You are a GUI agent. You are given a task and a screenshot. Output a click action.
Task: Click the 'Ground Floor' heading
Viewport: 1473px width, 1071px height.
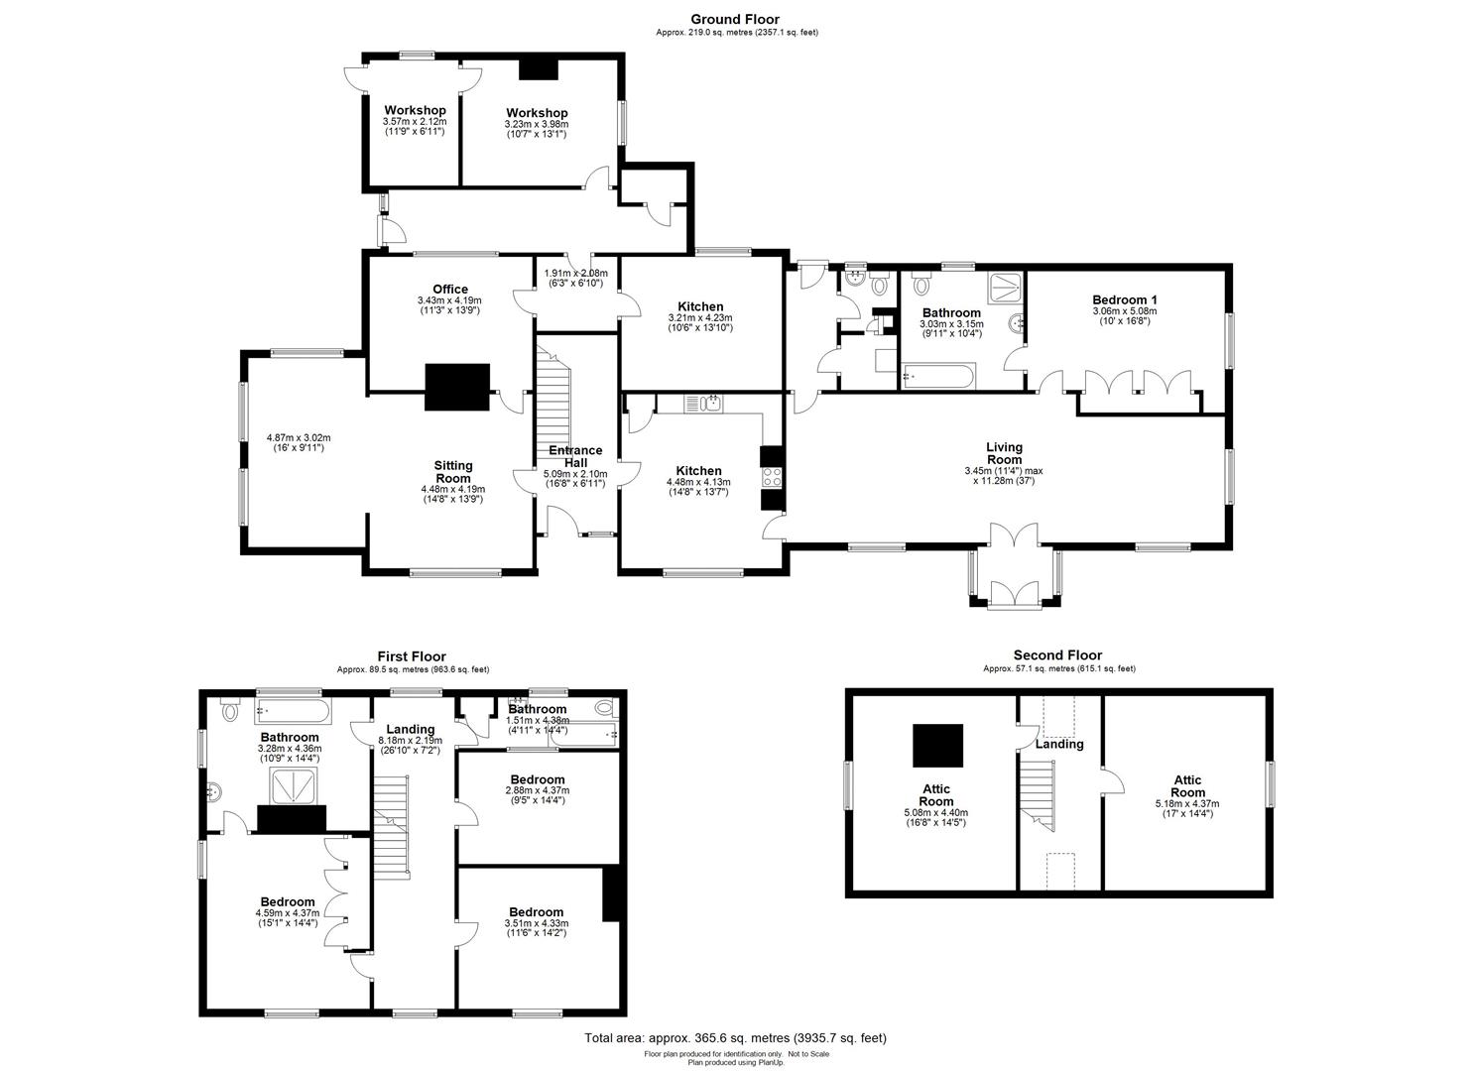click(735, 19)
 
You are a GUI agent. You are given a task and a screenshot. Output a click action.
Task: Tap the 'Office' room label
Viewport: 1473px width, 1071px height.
click(449, 290)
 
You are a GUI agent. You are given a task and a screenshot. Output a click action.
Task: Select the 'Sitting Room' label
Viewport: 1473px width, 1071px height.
click(453, 471)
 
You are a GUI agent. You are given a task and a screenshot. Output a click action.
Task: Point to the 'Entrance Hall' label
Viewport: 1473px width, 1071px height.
click(576, 456)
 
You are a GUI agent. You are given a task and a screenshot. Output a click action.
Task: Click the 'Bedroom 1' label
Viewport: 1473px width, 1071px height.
click(1124, 299)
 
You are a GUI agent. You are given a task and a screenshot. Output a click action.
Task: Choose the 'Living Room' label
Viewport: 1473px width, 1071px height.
click(1003, 453)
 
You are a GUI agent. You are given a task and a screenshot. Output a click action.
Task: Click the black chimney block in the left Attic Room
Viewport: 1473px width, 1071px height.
click(937, 745)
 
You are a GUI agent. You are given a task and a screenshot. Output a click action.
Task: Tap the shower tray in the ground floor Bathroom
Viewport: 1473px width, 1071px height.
click(1006, 288)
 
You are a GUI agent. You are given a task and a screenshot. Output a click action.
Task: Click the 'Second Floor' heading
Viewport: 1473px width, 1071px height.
click(1057, 655)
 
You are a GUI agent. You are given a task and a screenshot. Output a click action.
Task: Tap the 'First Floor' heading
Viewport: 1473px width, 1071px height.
click(412, 656)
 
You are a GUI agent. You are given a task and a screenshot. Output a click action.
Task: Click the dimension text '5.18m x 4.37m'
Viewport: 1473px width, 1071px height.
click(1187, 803)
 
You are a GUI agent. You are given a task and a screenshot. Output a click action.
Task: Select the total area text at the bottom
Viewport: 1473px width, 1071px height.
click(735, 1038)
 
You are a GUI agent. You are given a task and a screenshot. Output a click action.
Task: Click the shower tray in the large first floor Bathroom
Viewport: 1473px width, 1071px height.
click(291, 787)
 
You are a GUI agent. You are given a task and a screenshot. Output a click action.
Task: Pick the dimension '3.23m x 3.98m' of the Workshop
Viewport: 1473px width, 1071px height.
click(536, 124)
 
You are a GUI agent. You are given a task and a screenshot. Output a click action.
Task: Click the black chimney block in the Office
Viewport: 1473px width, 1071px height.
click(457, 387)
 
